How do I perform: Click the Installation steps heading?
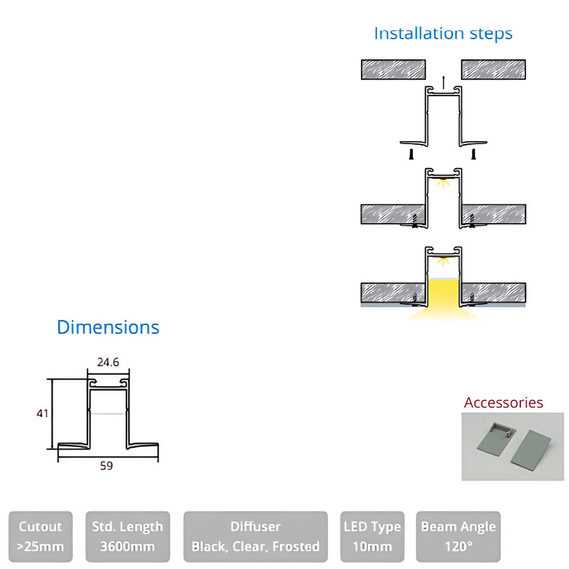443,33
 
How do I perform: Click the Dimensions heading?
108,327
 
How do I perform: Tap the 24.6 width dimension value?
108,362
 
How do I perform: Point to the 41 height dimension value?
42,413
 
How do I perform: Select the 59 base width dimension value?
107,466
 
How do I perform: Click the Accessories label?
503,403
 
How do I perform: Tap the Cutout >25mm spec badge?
40,536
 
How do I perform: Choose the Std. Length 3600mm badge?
127,536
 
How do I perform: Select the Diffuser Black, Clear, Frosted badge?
255,536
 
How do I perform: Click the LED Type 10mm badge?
372,536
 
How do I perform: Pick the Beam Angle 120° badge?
458,536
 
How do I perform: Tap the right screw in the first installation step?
473,154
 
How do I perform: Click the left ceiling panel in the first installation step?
393,70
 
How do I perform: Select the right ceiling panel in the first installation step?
493,70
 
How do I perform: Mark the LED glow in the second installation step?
443,183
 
